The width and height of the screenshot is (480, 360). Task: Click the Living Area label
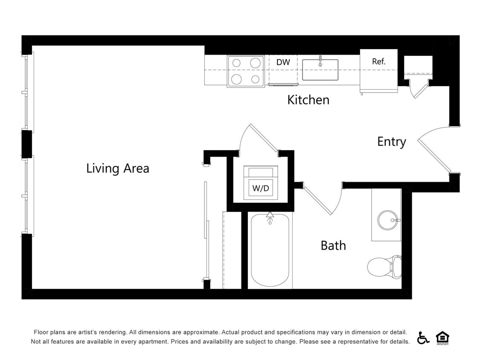(x=118, y=168)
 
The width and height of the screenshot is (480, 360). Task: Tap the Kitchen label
(x=308, y=100)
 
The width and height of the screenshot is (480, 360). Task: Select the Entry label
(x=391, y=141)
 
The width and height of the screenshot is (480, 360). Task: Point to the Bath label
(x=333, y=245)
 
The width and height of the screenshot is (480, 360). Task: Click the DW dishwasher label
(x=283, y=62)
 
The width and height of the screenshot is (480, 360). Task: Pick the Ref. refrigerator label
(x=378, y=61)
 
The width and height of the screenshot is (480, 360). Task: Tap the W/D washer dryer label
(x=261, y=188)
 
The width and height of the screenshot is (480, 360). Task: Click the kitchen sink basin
(x=320, y=70)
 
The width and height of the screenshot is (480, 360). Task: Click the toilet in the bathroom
(x=383, y=266)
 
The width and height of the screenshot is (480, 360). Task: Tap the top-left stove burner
(x=236, y=63)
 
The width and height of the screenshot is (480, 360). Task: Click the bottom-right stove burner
(x=255, y=79)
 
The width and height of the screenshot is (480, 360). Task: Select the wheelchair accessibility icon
(x=423, y=337)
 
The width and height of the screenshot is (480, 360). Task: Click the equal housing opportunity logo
(x=442, y=337)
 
